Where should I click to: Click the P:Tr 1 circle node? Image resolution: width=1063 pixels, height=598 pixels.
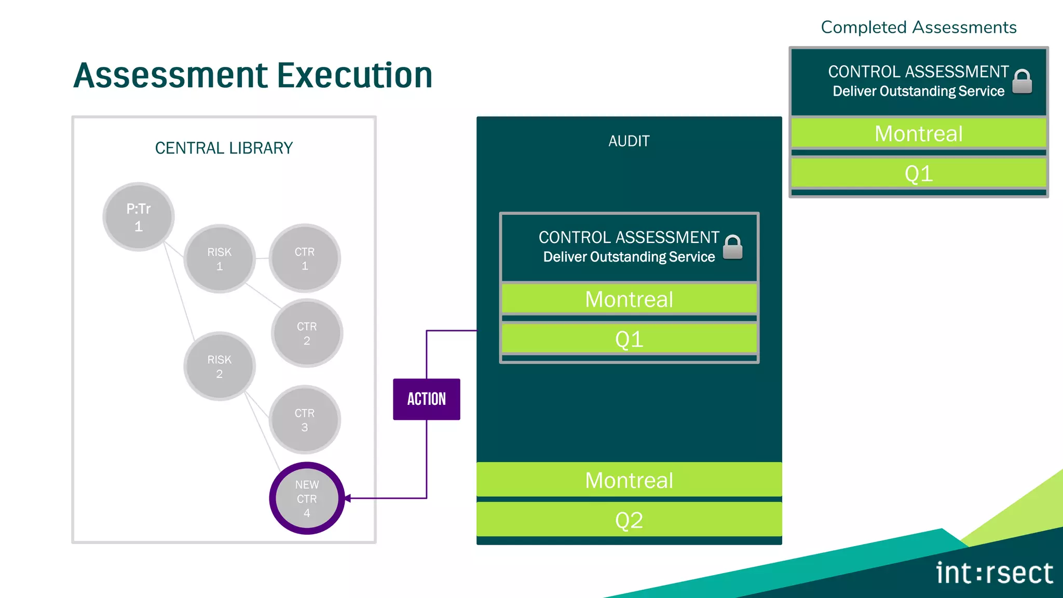pyautogui.click(x=138, y=217)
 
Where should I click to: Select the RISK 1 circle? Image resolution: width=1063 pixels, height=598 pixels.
pyautogui.click(x=220, y=259)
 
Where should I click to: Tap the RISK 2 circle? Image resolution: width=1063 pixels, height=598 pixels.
pyautogui.click(x=220, y=366)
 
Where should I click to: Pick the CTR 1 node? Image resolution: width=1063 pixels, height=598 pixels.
pyautogui.click(x=305, y=259)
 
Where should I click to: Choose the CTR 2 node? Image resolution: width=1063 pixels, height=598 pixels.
pyautogui.click(x=307, y=333)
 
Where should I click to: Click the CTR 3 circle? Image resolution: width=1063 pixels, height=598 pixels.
pyautogui.click(x=305, y=419)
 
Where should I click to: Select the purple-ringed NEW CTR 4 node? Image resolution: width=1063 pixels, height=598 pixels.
pyautogui.click(x=307, y=498)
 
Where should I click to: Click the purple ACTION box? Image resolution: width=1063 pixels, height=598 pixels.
pyautogui.click(x=426, y=399)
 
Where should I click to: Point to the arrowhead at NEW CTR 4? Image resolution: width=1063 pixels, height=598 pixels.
pyautogui.click(x=348, y=498)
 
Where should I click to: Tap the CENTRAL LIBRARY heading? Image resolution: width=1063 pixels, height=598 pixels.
pyautogui.click(x=224, y=148)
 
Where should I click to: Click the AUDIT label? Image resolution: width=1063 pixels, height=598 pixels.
pyautogui.click(x=629, y=141)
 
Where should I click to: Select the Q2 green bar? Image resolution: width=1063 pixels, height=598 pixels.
pyautogui.click(x=629, y=520)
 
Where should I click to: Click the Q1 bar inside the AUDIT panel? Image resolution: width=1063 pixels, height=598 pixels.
pyautogui.click(x=629, y=339)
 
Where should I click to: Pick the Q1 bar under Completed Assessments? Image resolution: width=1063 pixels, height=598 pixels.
pyautogui.click(x=918, y=173)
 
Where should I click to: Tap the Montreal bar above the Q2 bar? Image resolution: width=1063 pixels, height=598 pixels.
pyautogui.click(x=629, y=480)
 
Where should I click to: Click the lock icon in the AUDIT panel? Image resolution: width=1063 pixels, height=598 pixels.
pyautogui.click(x=732, y=247)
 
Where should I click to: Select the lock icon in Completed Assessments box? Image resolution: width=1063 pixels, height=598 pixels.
pyautogui.click(x=1022, y=81)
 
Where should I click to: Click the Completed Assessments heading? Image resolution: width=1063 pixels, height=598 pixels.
pyautogui.click(x=918, y=28)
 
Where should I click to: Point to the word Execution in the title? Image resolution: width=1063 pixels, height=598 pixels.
pyautogui.click(x=355, y=75)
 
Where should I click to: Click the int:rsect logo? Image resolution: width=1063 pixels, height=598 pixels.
pyautogui.click(x=994, y=573)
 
